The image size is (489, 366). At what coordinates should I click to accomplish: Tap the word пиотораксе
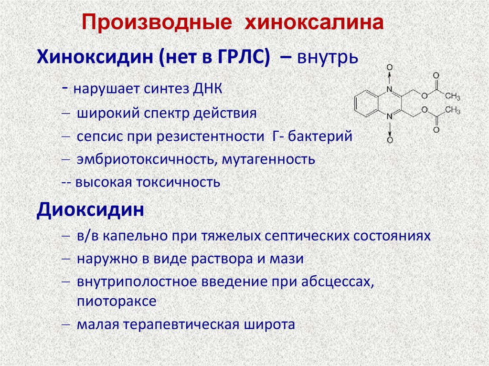pos(116,302)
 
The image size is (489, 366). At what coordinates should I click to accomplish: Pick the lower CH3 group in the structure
pos(452,110)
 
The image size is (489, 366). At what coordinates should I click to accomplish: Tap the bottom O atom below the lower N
pos(389,140)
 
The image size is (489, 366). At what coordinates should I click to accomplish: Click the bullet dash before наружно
pos(66,259)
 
